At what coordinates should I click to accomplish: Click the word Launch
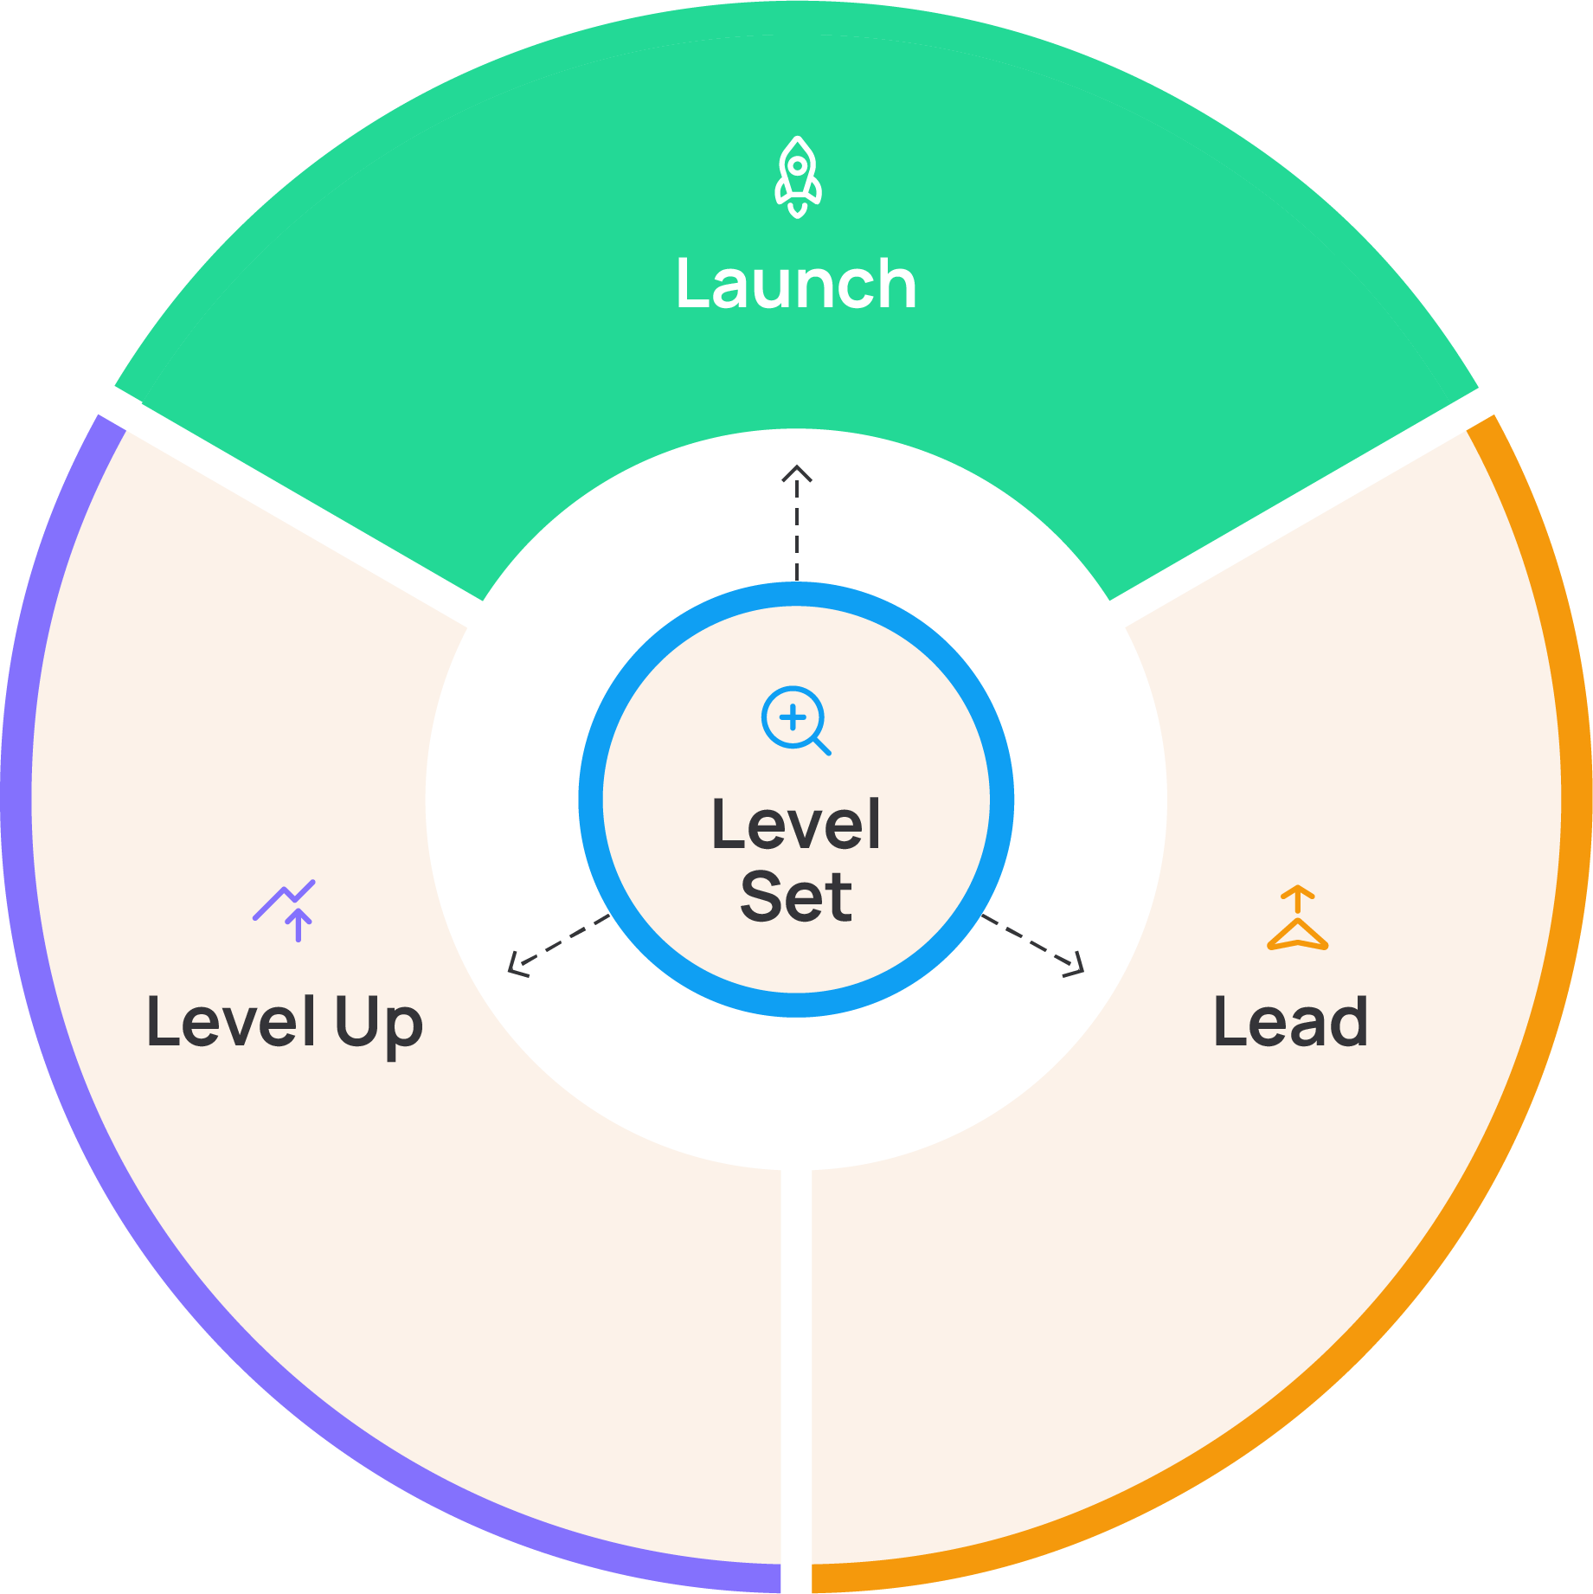795,284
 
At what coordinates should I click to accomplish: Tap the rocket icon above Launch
797,177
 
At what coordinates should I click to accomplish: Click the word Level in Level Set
795,825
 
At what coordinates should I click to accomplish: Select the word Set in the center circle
796,897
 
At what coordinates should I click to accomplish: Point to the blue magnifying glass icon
795,720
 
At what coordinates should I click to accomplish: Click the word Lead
1290,1022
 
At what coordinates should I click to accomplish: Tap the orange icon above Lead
1297,918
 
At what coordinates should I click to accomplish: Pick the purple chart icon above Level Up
286,909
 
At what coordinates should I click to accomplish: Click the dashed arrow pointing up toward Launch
797,528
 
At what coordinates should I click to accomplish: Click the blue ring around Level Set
591,800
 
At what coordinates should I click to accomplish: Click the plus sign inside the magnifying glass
792,717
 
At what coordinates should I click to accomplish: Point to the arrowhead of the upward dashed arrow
797,471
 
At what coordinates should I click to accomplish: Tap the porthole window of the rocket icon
798,164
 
